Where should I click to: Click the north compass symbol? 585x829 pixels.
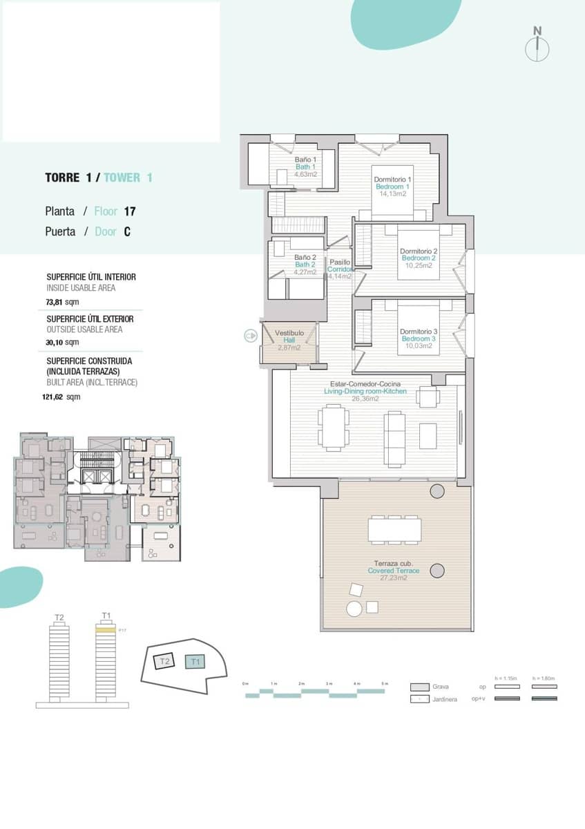[537, 48]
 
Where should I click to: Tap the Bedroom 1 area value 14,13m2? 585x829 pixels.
[392, 194]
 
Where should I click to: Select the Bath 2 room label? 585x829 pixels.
[305, 265]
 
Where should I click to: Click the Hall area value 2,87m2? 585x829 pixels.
[289, 347]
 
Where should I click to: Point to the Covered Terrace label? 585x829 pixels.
[393, 571]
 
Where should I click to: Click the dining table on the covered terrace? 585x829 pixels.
[394, 529]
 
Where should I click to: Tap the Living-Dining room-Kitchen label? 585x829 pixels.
[365, 392]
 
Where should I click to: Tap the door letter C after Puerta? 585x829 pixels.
[127, 232]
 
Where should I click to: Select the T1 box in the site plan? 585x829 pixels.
[195, 662]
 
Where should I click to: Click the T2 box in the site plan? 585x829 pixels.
[164, 662]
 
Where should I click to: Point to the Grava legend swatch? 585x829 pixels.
[419, 687]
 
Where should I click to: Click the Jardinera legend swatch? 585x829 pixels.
[419, 699]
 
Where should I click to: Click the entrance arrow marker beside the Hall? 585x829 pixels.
[250, 336]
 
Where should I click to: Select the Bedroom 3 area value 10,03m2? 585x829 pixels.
[419, 346]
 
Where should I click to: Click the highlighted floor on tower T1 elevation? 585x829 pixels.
[105, 630]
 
